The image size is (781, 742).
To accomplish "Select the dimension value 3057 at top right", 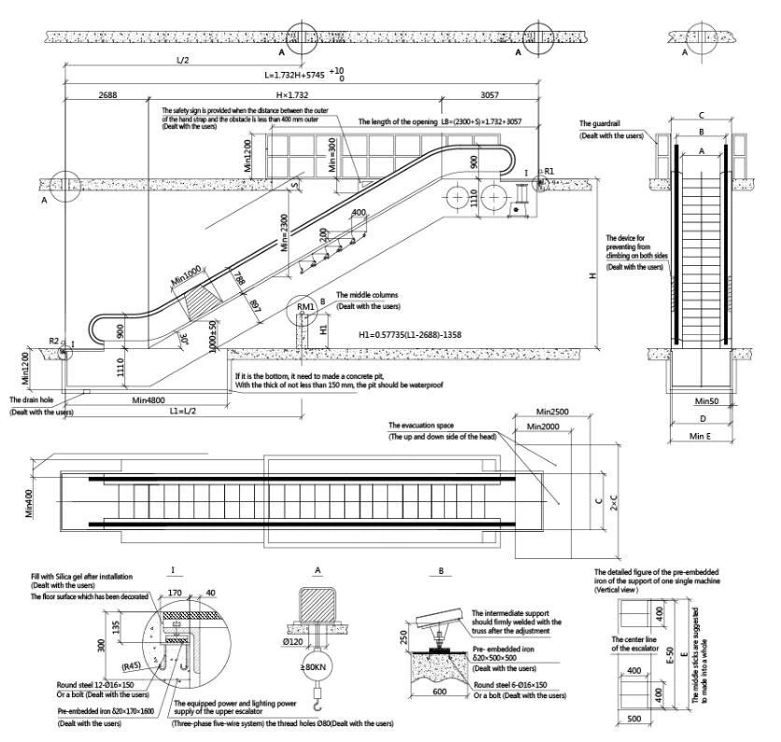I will (495, 94).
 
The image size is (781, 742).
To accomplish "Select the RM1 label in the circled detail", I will (305, 306).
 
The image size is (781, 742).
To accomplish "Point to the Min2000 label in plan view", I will (544, 427).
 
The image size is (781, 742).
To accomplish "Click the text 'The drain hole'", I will (31, 399).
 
